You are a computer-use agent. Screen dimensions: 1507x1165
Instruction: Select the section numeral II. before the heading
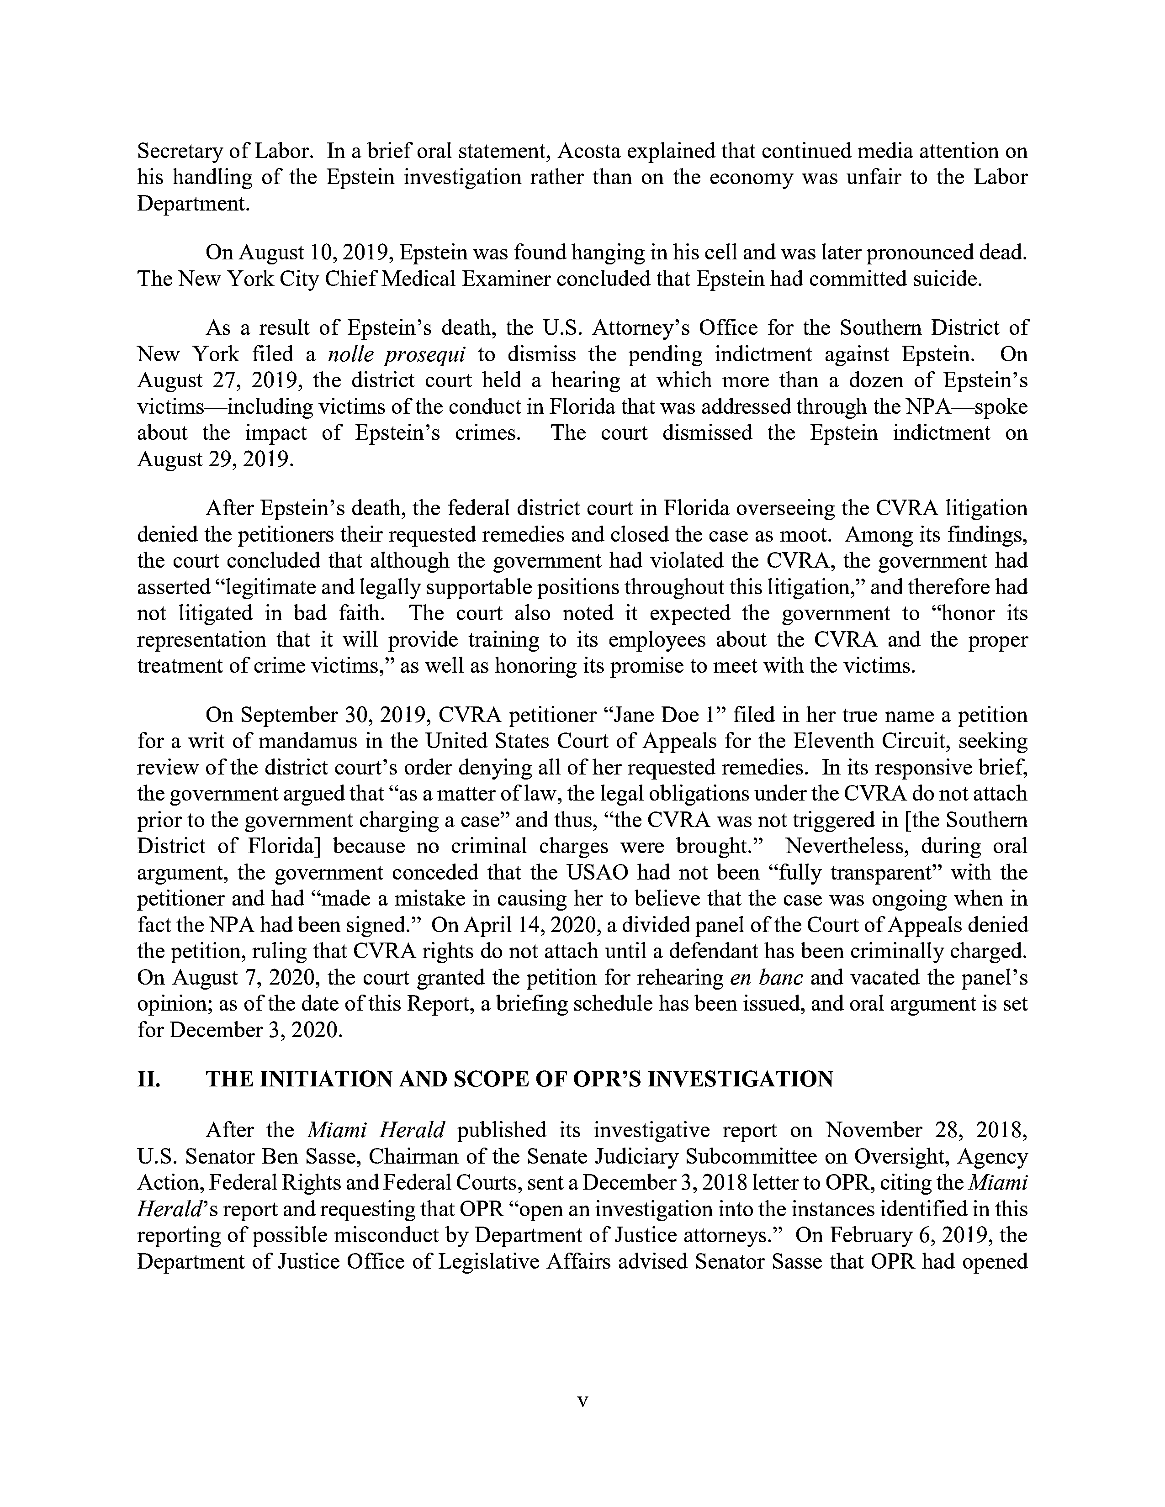click(x=149, y=1079)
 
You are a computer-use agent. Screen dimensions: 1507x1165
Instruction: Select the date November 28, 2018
click(x=926, y=1130)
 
